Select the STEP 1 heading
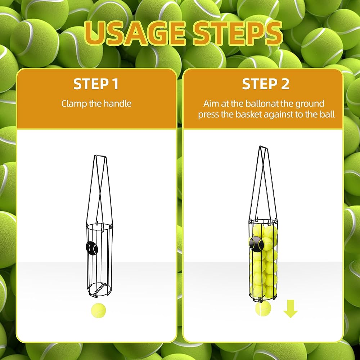[96, 84]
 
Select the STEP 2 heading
[266, 84]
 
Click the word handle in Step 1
[118, 104]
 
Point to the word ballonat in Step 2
[262, 104]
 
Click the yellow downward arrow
[291, 309]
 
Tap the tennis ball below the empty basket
[98, 310]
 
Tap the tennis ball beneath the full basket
[263, 309]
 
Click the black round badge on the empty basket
[92, 248]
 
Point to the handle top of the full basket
[264, 147]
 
